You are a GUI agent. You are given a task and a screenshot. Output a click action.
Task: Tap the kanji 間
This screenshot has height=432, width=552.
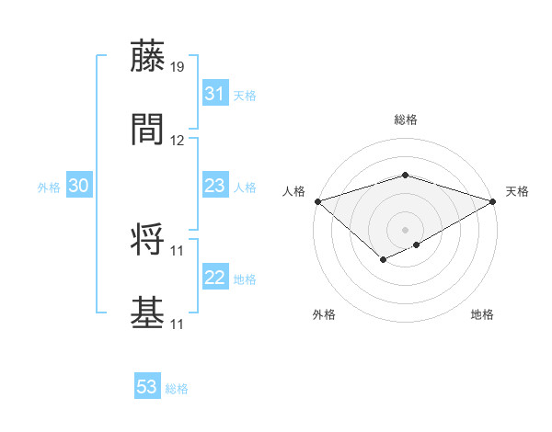tap(148, 129)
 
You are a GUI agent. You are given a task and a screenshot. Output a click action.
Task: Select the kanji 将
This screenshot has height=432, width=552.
tap(148, 239)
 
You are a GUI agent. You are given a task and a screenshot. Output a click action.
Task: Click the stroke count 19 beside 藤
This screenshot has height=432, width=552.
tap(178, 67)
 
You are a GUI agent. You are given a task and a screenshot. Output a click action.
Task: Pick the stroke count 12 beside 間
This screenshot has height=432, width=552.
tap(178, 141)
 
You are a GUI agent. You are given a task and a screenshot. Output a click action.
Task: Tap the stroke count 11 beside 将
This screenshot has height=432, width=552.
tap(178, 251)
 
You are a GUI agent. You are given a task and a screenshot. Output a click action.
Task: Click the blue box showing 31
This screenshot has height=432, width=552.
tap(215, 94)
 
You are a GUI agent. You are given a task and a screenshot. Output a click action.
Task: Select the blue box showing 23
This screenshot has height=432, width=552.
tap(215, 186)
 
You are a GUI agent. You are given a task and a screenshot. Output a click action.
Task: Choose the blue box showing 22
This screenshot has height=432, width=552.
tap(215, 278)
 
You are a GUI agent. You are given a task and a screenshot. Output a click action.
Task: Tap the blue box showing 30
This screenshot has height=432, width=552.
tap(79, 186)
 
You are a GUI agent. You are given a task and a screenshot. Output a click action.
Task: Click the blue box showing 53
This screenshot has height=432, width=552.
tap(147, 387)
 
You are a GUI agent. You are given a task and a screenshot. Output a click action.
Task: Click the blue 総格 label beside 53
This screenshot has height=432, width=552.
tap(177, 389)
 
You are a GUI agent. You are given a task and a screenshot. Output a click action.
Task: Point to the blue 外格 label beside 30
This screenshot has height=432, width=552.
tap(49, 188)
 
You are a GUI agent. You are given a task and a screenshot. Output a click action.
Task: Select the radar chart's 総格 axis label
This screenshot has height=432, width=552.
tap(406, 119)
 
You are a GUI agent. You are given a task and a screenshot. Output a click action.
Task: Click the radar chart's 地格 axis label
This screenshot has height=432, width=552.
tap(482, 315)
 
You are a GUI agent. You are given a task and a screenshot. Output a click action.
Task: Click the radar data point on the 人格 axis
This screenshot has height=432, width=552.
tap(316, 201)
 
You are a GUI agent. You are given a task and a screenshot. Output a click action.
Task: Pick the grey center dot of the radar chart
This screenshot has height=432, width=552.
tap(406, 229)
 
